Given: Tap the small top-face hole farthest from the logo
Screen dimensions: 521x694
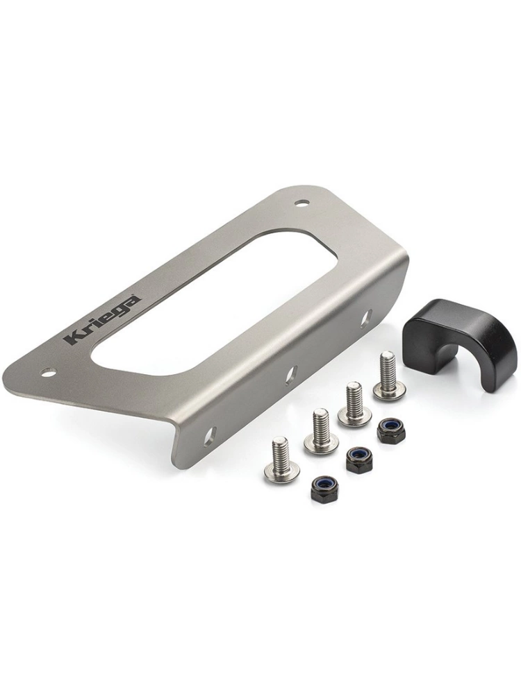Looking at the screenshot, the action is (303, 203).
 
